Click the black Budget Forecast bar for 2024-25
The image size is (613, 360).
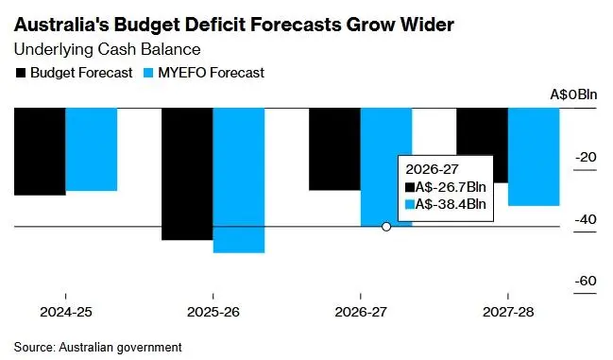[40, 151]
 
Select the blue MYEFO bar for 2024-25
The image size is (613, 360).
[91, 149]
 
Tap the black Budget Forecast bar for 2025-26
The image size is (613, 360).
[187, 174]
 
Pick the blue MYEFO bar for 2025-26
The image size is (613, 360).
[238, 180]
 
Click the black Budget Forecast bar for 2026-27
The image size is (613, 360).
[334, 148]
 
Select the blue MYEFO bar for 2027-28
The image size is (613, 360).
[534, 156]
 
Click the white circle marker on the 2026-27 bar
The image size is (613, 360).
[385, 227]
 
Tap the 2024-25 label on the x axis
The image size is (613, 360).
[65, 312]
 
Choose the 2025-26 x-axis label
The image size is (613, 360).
[213, 312]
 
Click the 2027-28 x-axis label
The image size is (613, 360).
[507, 312]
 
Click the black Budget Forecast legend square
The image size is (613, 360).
[20, 73]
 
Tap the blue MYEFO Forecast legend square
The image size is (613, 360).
[148, 73]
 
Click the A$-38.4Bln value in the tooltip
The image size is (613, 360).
[451, 204]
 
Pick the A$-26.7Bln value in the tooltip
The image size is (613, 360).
[451, 187]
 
